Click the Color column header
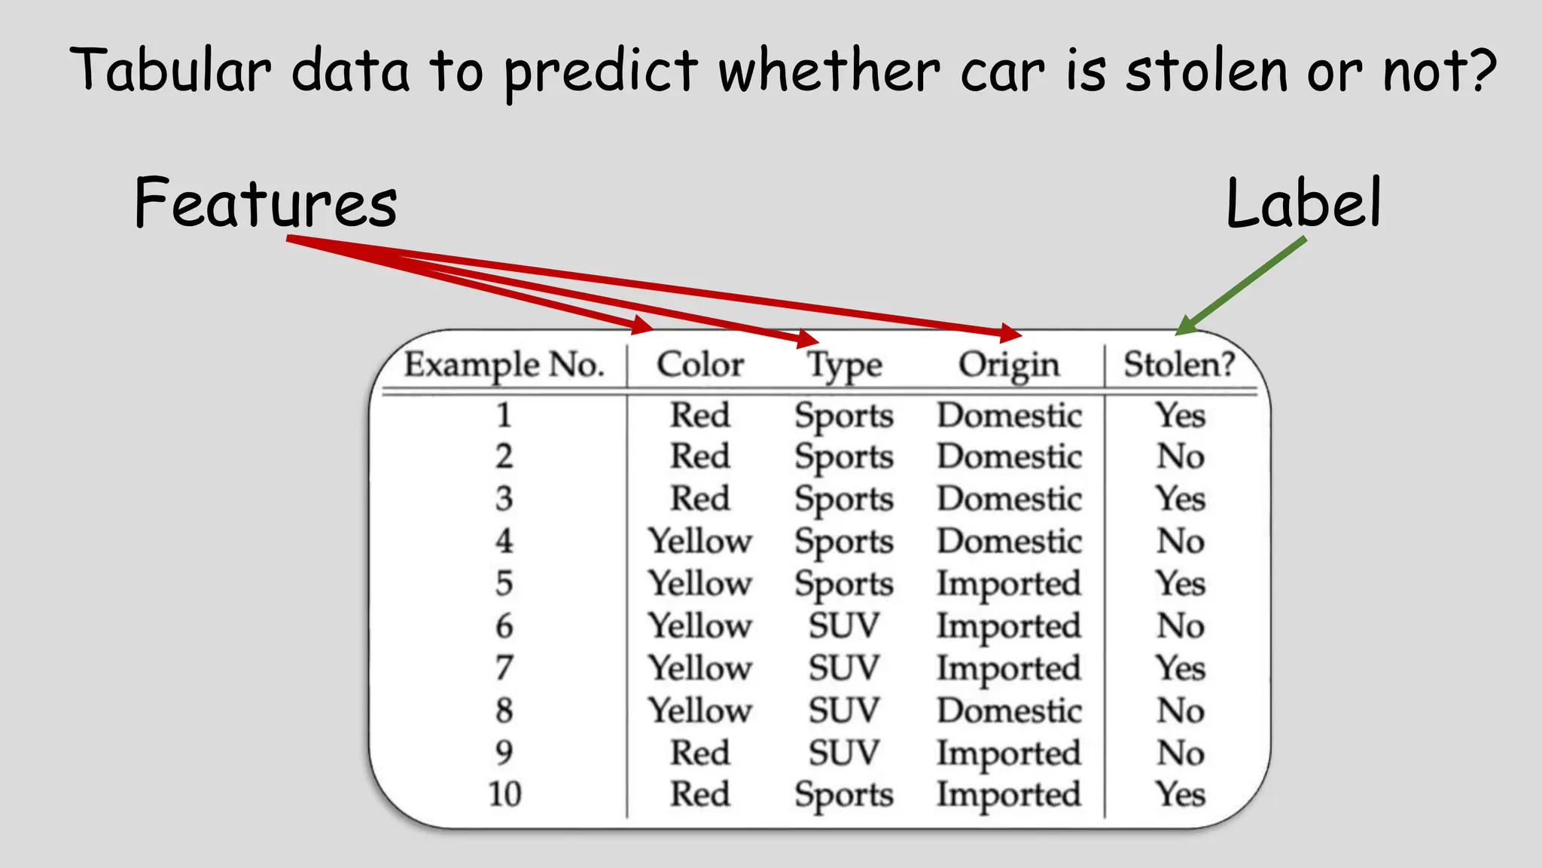coord(700,365)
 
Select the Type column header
coord(844,366)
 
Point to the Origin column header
coord(1009,365)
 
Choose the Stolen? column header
coord(1179,365)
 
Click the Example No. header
coord(504,365)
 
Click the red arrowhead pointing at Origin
coord(1011,332)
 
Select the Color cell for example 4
coord(700,541)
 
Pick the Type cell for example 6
coord(844,626)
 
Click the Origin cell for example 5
coord(1009,584)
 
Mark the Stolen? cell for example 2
coord(1181,457)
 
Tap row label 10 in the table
coord(504,794)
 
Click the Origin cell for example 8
coord(1009,711)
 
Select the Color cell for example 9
coord(700,753)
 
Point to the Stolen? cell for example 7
coord(1181,668)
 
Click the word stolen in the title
coord(1206,71)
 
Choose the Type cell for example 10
coord(844,795)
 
